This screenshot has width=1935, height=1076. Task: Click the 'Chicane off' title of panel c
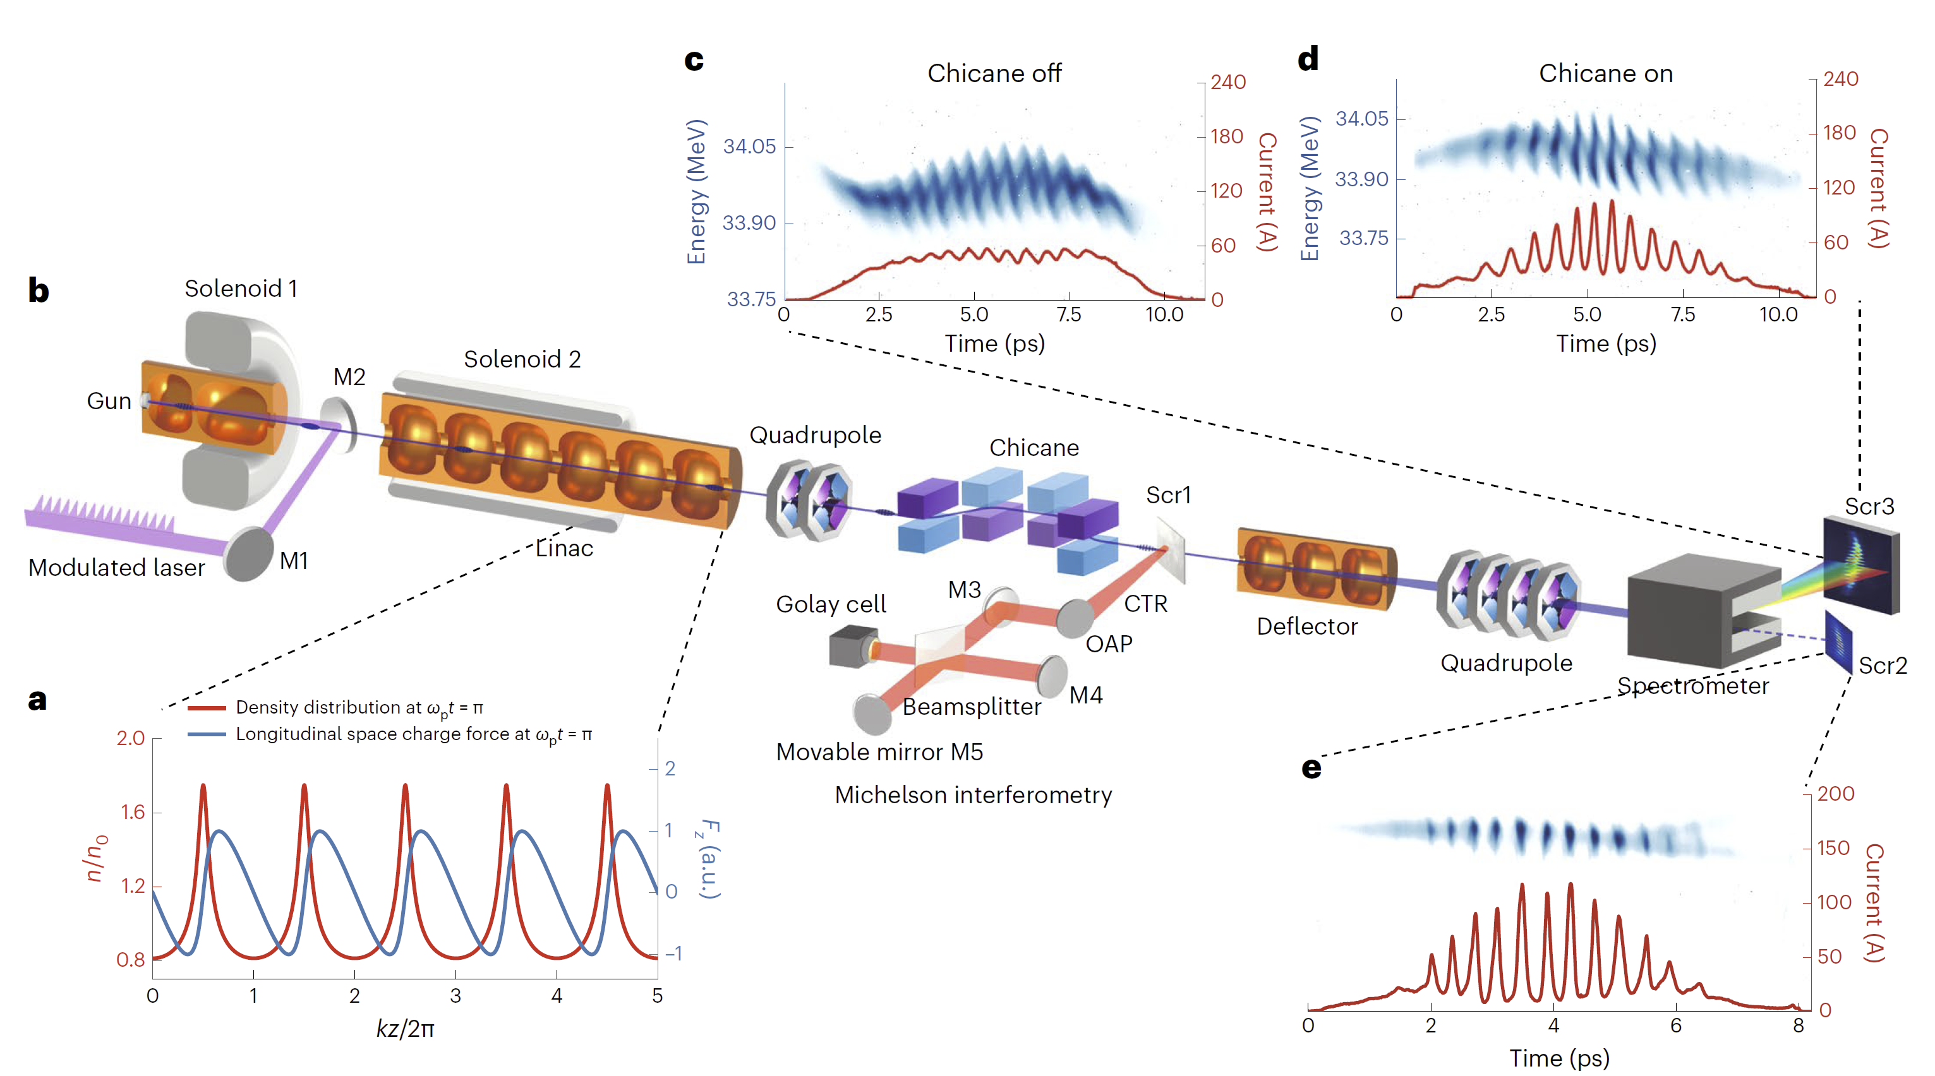(x=994, y=74)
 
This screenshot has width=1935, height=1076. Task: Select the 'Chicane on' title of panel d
(x=1605, y=74)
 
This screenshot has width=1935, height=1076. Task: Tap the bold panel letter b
(x=39, y=290)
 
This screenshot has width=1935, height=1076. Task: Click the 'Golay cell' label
(x=831, y=604)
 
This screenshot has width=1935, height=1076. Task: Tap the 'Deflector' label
(x=1307, y=626)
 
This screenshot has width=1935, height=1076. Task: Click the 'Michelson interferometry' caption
(x=973, y=794)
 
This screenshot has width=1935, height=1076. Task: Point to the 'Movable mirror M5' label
(x=879, y=751)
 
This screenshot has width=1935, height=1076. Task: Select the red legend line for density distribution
(x=207, y=707)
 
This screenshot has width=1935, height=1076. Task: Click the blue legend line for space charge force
(x=207, y=734)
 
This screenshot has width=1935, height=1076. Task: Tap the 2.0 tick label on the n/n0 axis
(x=131, y=738)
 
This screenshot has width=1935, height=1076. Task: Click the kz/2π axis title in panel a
(x=405, y=1028)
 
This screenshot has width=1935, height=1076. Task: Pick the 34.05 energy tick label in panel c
(x=749, y=146)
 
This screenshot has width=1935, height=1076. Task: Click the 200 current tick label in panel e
(x=1835, y=794)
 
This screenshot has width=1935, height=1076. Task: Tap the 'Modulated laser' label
(x=116, y=568)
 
